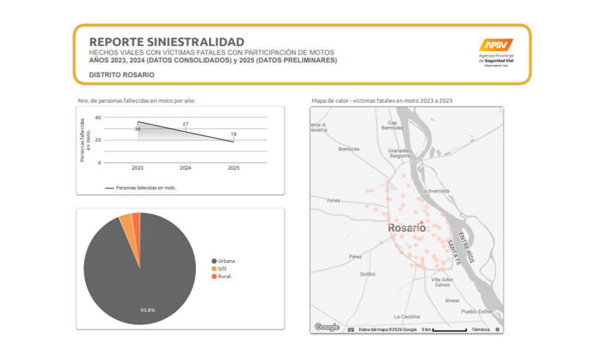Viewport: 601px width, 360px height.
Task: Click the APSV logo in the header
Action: (496, 45)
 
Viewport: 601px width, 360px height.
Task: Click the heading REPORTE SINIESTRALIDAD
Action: (166, 42)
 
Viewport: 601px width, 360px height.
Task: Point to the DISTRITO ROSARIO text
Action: (121, 75)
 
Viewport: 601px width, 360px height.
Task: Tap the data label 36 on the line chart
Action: (137, 129)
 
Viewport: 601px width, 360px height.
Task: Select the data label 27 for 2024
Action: (185, 124)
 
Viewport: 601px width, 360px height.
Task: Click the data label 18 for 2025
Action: (234, 134)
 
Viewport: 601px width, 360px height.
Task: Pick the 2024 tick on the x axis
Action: (185, 168)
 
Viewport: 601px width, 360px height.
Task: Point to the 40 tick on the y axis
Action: (98, 117)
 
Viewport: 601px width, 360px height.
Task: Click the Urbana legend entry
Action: (226, 261)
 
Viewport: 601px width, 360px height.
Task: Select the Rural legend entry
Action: (224, 276)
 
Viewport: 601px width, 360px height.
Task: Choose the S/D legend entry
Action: (222, 268)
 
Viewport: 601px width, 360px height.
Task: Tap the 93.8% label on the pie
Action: (147, 309)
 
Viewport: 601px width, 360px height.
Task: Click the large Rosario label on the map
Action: (407, 227)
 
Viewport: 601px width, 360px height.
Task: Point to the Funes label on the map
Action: (333, 200)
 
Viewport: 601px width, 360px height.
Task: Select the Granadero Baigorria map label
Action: (400, 153)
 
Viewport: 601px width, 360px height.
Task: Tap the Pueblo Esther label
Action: (477, 312)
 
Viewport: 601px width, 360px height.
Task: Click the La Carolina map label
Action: (407, 316)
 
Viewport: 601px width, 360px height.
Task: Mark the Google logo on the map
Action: (326, 327)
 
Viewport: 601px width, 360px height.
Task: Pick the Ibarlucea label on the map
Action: (349, 149)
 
